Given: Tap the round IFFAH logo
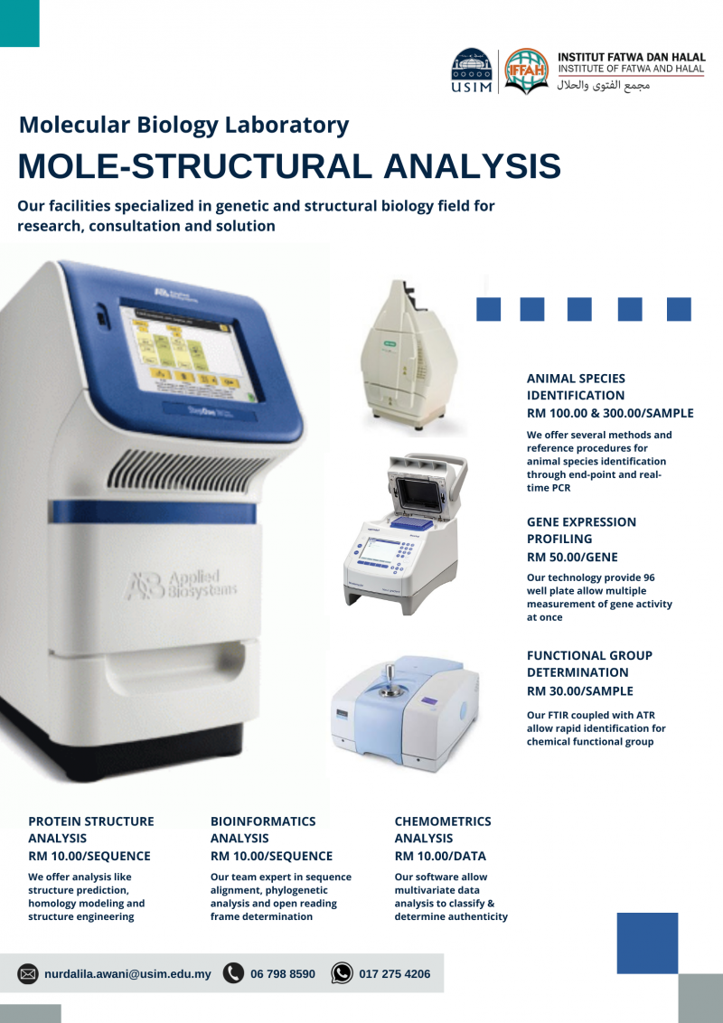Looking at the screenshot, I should pyautogui.click(x=525, y=71).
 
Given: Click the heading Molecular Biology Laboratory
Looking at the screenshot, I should pyautogui.click(x=183, y=125).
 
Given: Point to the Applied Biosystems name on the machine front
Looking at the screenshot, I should pyautogui.click(x=181, y=585).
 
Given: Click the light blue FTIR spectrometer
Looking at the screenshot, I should pyautogui.click(x=404, y=706).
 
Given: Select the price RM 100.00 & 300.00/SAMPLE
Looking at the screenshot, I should pyautogui.click(x=610, y=413).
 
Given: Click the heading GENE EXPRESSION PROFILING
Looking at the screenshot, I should pyautogui.click(x=581, y=530).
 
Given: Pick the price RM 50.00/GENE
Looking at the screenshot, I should pyautogui.click(x=572, y=558).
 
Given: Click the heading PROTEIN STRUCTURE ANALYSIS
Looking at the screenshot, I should pyautogui.click(x=91, y=830).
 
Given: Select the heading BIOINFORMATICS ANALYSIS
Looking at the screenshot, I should pyautogui.click(x=263, y=830).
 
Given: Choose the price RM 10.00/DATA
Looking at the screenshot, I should pyautogui.click(x=440, y=856).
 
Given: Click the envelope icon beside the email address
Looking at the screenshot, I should pyautogui.click(x=28, y=973).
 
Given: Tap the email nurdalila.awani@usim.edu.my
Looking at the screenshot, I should pyautogui.click(x=127, y=974).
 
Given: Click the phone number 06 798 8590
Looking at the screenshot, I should pyautogui.click(x=283, y=974).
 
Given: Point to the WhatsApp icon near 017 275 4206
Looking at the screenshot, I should pyautogui.click(x=342, y=973).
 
